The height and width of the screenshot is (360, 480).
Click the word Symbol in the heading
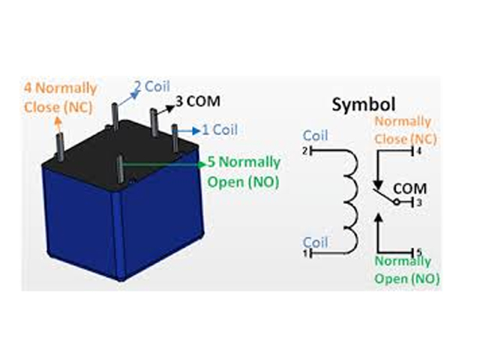[364, 105]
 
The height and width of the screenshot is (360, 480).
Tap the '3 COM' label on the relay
[198, 100]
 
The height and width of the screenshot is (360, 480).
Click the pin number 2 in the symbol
[306, 151]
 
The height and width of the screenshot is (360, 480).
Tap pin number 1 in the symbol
[306, 253]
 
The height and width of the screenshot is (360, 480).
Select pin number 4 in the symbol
[418, 151]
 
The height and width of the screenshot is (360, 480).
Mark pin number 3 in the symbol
[418, 202]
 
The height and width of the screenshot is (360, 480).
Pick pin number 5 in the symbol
[418, 251]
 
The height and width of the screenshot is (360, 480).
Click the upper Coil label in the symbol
[316, 136]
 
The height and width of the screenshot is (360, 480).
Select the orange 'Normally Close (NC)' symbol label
[404, 130]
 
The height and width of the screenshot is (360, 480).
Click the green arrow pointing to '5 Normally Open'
[165, 161]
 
